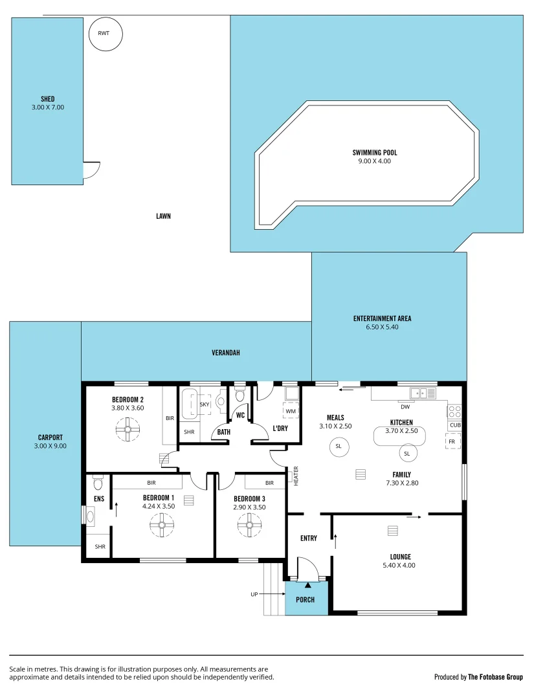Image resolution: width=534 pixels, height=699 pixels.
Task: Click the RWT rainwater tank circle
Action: [x=105, y=34]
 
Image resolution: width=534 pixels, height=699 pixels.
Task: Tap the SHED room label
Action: [x=47, y=100]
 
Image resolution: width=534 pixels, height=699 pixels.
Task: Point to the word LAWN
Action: [x=163, y=216]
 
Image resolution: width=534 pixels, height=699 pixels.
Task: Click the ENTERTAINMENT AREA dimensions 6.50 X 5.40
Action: [x=382, y=327]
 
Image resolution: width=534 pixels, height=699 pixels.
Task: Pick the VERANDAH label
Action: [x=226, y=353]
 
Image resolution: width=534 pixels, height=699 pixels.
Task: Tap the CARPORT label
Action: [x=50, y=438]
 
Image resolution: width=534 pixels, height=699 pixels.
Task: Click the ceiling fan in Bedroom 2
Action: [x=128, y=428]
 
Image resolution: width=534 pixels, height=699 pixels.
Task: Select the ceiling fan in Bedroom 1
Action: [x=162, y=525]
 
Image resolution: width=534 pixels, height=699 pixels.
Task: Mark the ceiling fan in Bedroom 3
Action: [x=249, y=525]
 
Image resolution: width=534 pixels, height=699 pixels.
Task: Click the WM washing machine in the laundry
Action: [x=291, y=410]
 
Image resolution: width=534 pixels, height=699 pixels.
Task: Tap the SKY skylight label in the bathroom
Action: [x=204, y=405]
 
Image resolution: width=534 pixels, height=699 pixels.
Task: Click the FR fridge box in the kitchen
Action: [x=452, y=441]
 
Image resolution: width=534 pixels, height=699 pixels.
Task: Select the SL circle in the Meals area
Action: [x=338, y=447]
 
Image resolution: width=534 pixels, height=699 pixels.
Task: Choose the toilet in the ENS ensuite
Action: [x=98, y=483]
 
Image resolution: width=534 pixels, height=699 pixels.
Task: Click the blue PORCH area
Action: [x=306, y=599]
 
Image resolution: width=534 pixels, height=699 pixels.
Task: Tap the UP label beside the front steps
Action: [x=255, y=594]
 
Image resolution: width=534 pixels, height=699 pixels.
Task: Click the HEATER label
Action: [x=296, y=476]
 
